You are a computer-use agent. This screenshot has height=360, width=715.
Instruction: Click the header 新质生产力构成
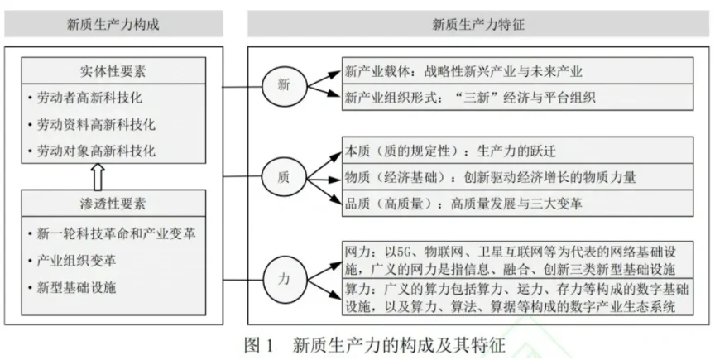point(113,24)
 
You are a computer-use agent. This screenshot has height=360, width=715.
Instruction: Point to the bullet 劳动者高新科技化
point(89,98)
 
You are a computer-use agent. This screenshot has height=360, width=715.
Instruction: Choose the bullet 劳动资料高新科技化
point(95,125)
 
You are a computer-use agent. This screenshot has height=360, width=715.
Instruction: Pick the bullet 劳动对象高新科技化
point(95,151)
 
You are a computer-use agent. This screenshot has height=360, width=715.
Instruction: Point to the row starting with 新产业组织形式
point(470,98)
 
